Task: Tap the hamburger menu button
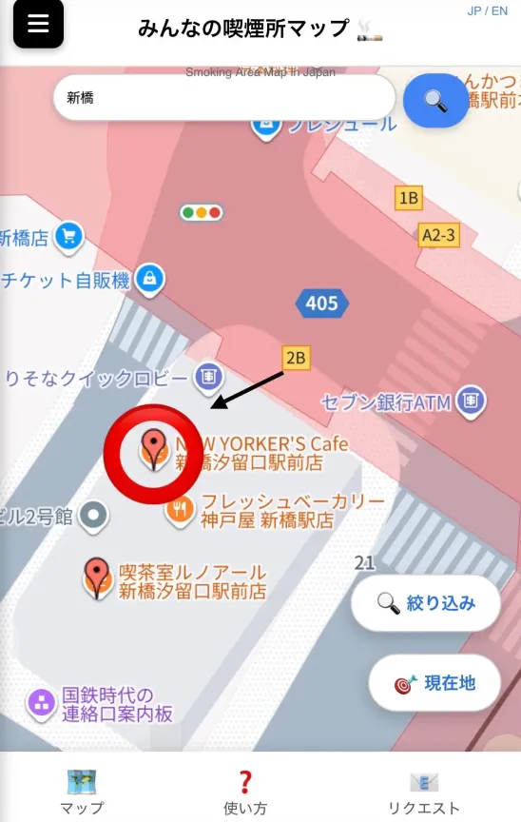[x=38, y=24]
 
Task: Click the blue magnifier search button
[x=436, y=100]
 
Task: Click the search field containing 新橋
[x=223, y=98]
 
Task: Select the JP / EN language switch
[x=488, y=10]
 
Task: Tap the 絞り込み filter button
[x=426, y=603]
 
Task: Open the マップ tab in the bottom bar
[x=82, y=792]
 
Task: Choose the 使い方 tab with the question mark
[x=245, y=792]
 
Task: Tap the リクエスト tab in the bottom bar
[x=423, y=792]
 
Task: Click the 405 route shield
[x=321, y=303]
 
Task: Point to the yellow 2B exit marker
[x=297, y=358]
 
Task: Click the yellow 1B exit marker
[x=409, y=198]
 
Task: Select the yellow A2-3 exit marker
[x=439, y=234]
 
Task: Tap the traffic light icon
[x=201, y=213]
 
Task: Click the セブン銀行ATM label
[x=385, y=402]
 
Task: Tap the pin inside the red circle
[x=153, y=446]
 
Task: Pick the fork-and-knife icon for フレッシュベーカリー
[x=180, y=511]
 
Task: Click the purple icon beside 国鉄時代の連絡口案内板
[x=42, y=704]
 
